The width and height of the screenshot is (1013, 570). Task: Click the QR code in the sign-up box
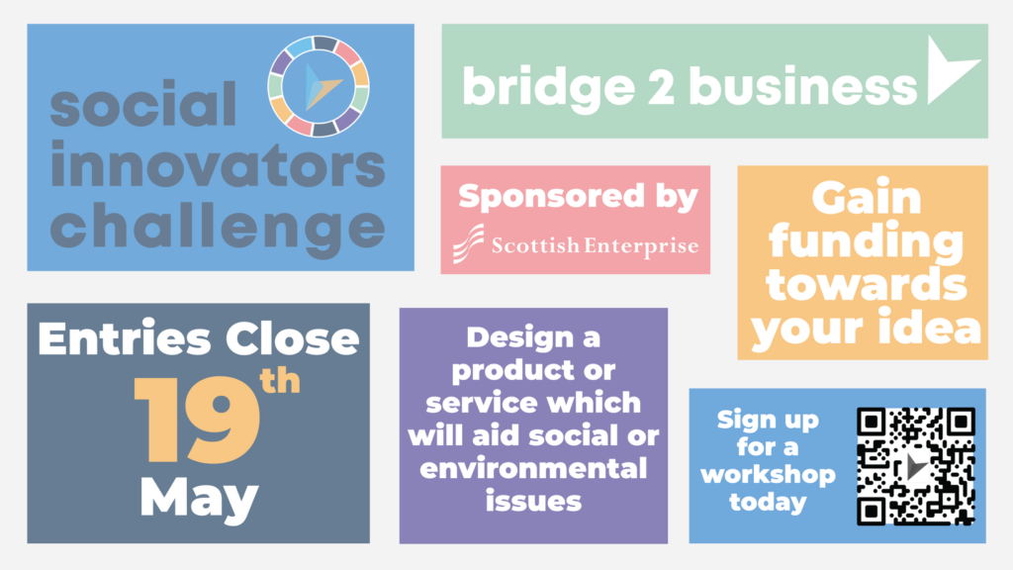915,466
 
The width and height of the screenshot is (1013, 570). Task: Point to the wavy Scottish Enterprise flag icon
468,243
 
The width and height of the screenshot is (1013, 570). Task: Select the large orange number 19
197,420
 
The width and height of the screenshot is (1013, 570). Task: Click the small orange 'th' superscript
280,381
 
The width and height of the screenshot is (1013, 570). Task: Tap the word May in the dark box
200,498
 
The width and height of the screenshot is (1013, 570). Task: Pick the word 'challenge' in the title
218,228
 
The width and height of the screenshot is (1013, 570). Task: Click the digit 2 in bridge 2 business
662,87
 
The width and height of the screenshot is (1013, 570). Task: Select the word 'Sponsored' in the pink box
551,197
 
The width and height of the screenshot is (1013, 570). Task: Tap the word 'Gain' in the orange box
867,198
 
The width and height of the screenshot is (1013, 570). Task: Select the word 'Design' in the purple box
510,337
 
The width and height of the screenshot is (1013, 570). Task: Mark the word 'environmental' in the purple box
533,468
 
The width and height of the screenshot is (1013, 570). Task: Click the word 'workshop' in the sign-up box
768,475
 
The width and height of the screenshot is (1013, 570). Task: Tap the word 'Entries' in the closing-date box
124,338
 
